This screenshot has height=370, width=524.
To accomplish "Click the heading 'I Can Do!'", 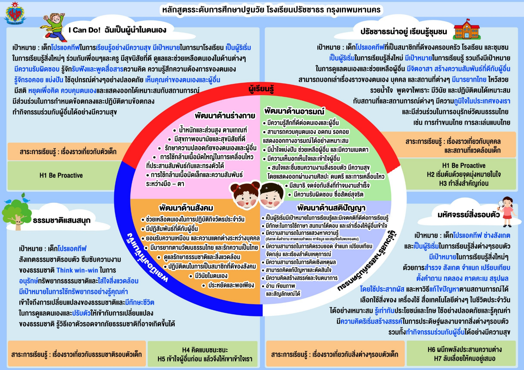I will [85, 30].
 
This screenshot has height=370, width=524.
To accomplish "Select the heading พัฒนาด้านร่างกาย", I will [225, 115].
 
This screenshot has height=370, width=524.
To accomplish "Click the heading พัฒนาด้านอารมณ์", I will [294, 111].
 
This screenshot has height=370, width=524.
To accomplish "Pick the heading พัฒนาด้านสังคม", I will [186, 208].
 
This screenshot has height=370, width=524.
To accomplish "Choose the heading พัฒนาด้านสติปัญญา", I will [331, 208].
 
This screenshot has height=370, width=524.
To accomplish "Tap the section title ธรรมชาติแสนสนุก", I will [62, 221].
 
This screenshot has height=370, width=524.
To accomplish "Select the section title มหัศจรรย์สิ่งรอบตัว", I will [468, 215].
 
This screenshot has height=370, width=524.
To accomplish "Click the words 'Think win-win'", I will [77, 270].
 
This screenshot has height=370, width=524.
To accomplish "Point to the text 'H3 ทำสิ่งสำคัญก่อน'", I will [464, 184].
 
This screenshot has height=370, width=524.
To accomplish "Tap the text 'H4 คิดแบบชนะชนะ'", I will [205, 350].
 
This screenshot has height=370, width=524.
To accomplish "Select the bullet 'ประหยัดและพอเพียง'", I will [231, 285].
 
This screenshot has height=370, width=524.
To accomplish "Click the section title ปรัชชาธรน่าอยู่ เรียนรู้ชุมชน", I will [404, 32].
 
